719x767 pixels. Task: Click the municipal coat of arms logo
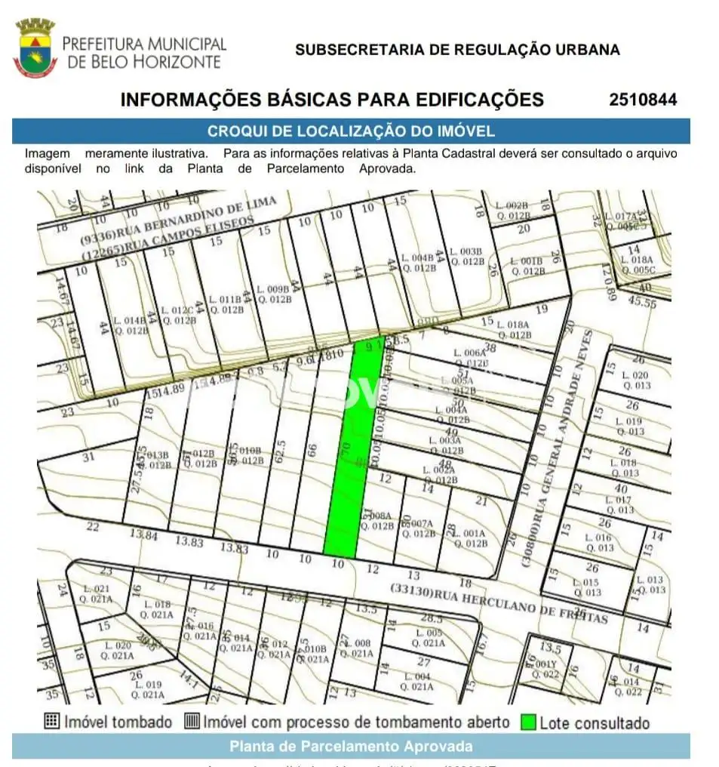pos(35,48)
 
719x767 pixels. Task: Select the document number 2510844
pos(643,100)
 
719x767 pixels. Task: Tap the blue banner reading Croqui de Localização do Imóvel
pos(351,131)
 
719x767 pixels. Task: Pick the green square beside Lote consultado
pos(528,722)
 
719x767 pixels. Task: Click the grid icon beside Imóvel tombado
pos(51,721)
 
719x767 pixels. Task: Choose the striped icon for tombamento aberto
pos(192,721)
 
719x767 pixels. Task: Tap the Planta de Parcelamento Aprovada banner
pos(351,747)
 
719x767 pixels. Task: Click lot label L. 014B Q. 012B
pos(130,325)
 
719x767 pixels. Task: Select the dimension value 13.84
pos(143,535)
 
